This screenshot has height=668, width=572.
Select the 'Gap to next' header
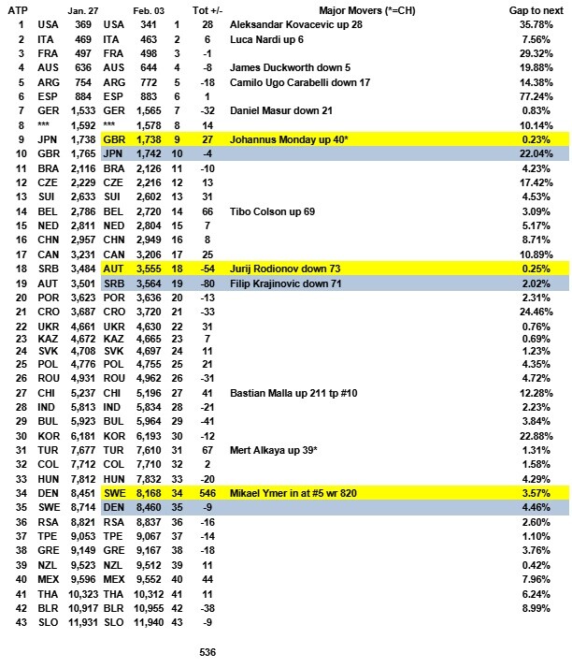click(529, 8)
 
